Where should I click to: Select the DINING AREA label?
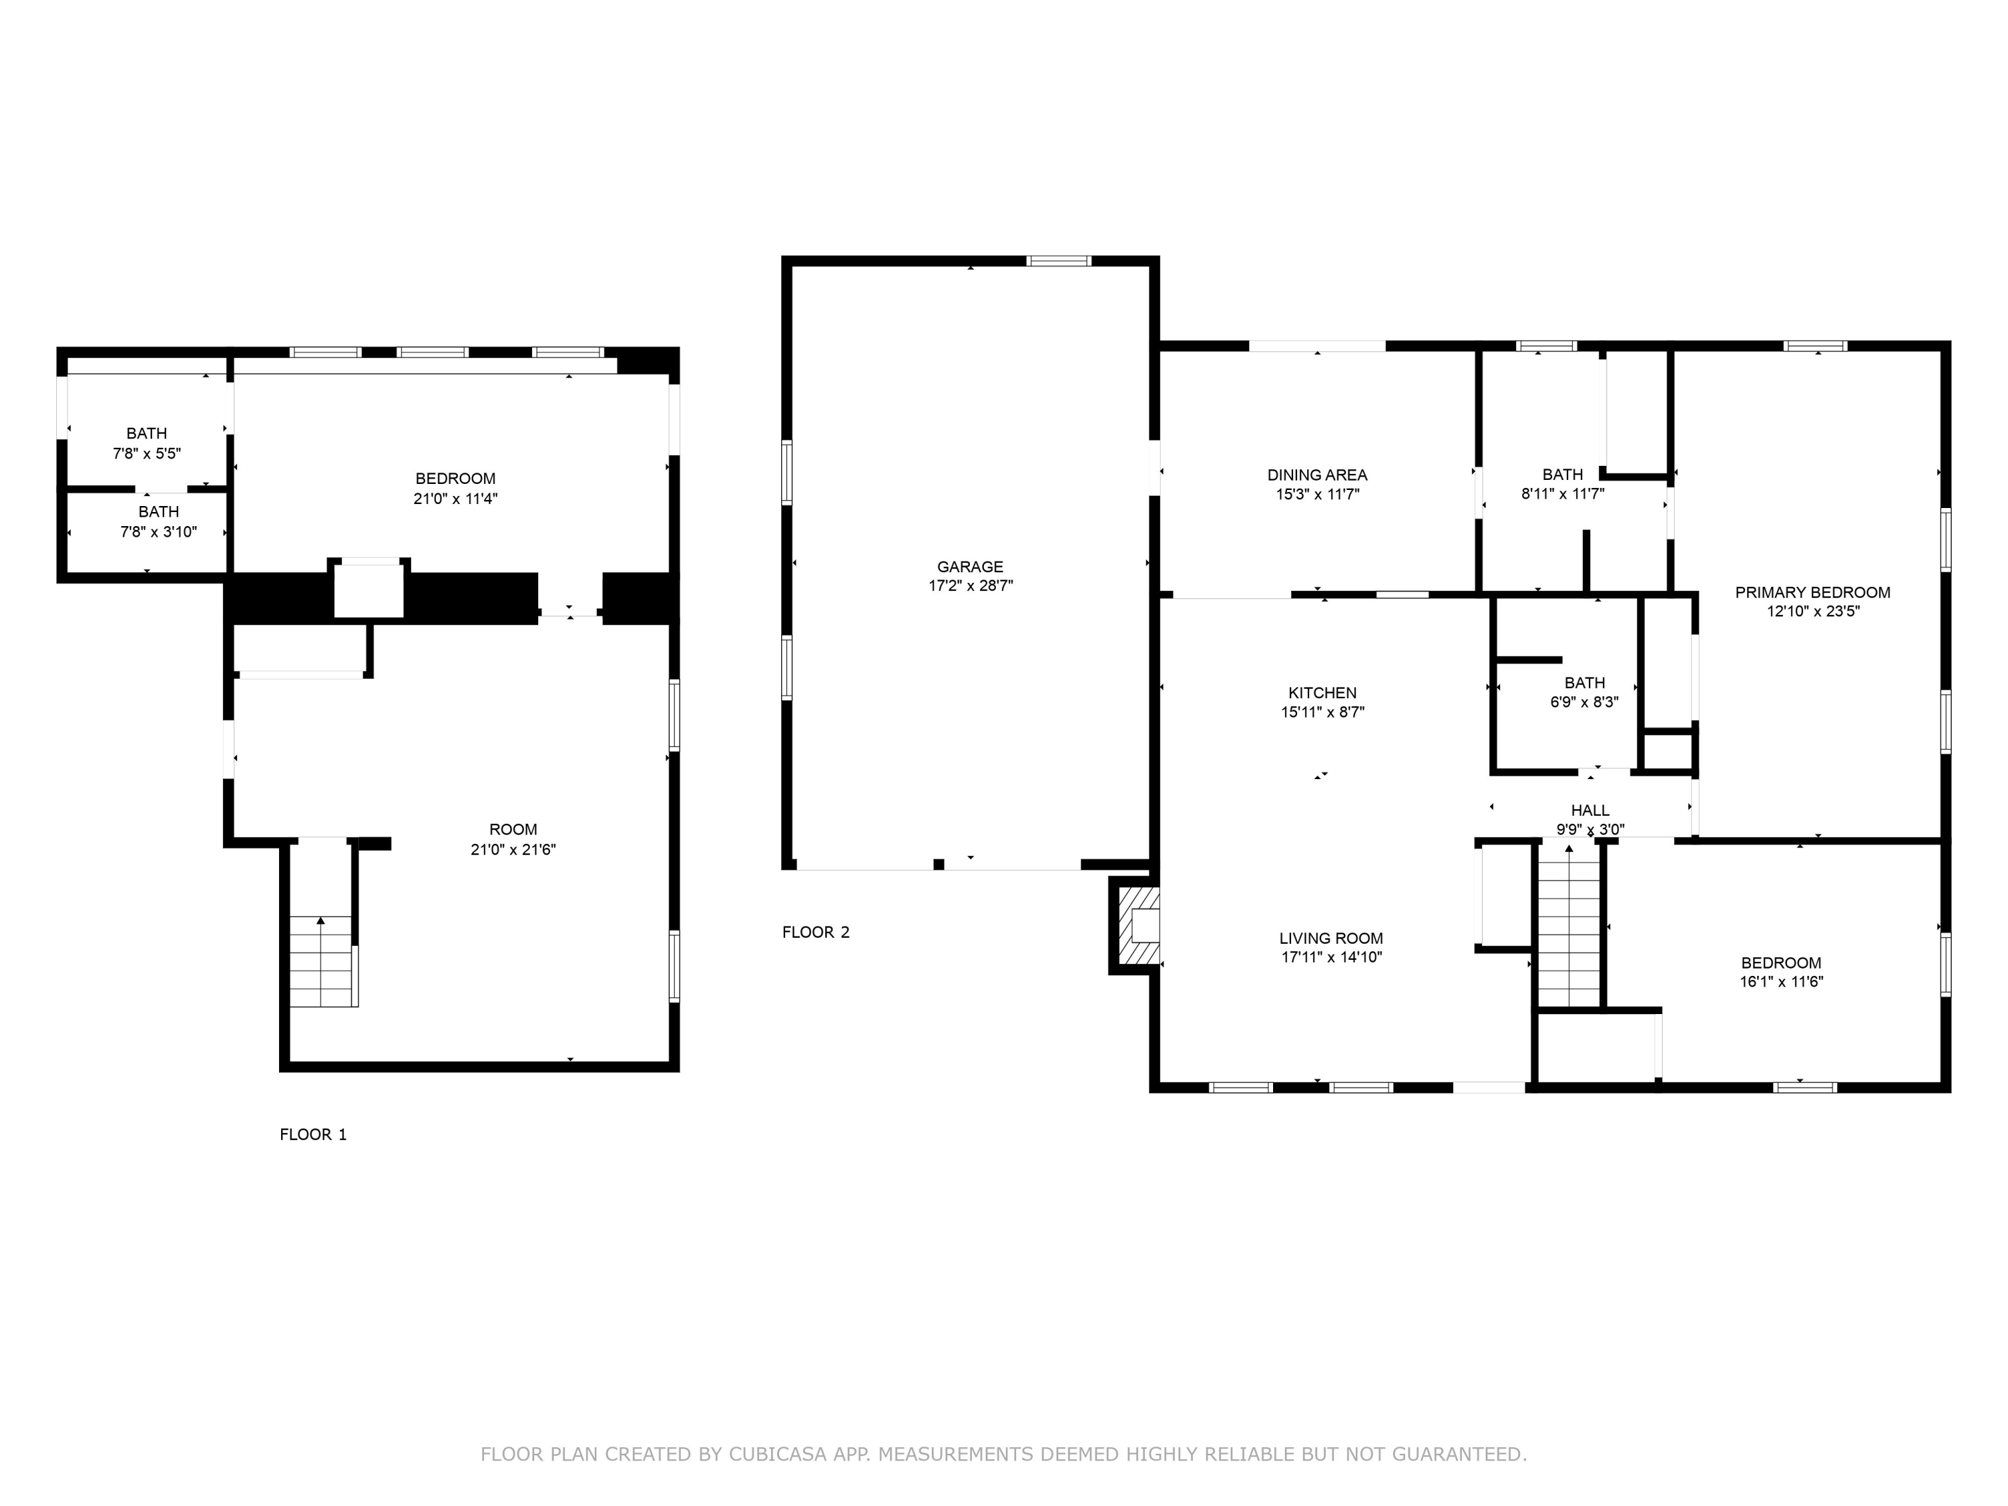pos(1317,475)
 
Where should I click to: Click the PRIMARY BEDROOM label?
pos(1812,592)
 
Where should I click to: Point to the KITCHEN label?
pos(1322,693)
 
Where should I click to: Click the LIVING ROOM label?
pos(1331,938)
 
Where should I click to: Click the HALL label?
pos(1590,810)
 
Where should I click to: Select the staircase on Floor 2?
pos(1569,926)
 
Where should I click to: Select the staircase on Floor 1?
pos(321,963)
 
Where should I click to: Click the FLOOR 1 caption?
pos(313,1134)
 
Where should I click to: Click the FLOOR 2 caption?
pos(815,932)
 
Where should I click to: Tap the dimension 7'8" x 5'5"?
pos(147,453)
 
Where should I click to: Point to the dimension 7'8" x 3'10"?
pos(158,532)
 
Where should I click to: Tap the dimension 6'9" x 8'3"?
pos(1584,701)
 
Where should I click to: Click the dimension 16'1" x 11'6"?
pos(1780,981)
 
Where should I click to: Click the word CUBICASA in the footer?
pos(776,1454)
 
